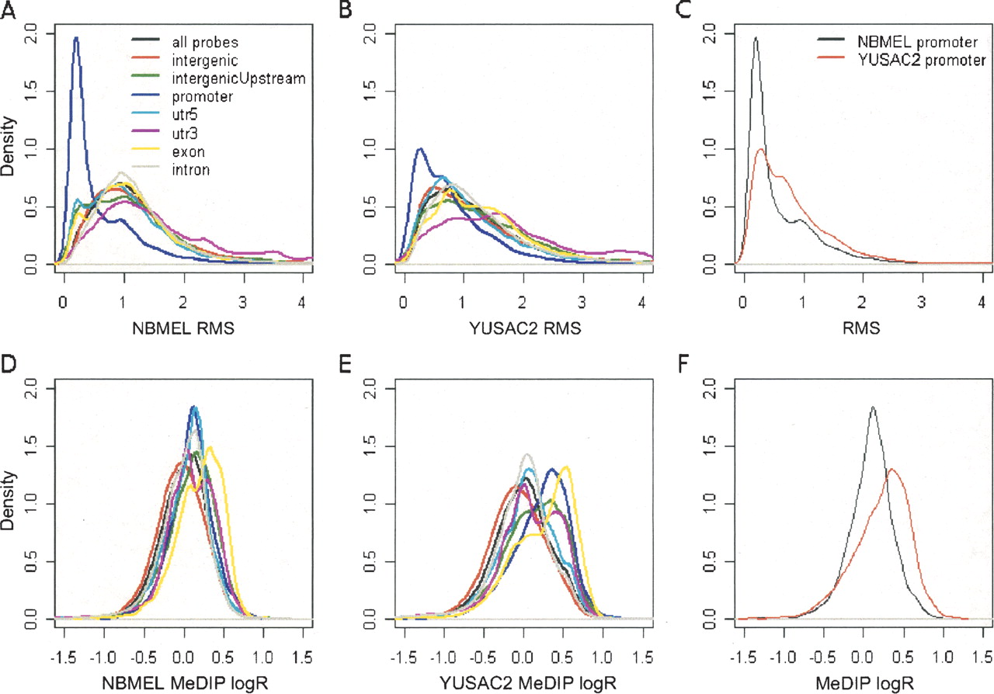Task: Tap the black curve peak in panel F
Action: (873, 407)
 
